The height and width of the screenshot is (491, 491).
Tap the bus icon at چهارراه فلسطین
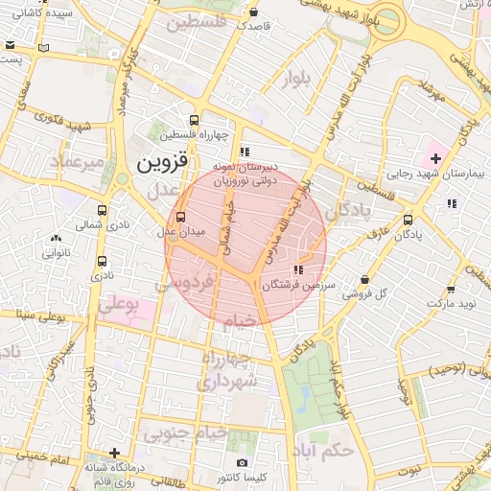point(196,121)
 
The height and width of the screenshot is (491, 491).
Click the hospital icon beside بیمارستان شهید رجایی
point(436,157)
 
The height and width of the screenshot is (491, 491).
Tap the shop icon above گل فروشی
point(364,279)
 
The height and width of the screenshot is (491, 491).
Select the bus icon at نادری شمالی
point(102,210)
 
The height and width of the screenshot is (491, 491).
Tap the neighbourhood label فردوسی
point(180,285)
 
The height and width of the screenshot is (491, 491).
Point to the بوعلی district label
point(119,304)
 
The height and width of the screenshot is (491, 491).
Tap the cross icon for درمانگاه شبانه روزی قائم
point(115,453)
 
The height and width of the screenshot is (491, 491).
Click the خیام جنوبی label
point(186,433)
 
